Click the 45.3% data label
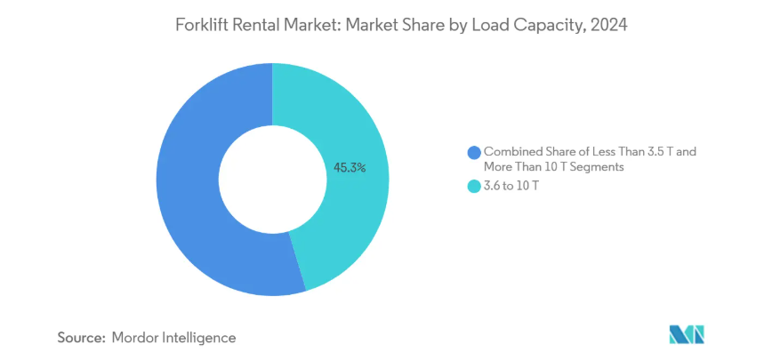click(x=349, y=166)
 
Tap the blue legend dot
click(x=473, y=152)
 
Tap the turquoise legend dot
click(x=473, y=187)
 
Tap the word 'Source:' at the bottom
click(x=82, y=337)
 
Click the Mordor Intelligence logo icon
click(x=686, y=334)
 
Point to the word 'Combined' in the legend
click(x=511, y=152)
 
